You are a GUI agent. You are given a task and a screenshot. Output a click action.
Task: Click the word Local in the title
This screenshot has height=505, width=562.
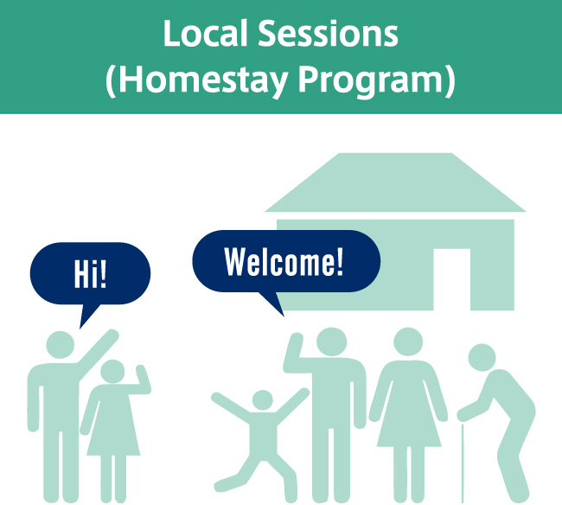[x=206, y=33]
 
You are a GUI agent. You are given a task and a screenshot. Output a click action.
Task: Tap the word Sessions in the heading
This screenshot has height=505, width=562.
[x=329, y=33]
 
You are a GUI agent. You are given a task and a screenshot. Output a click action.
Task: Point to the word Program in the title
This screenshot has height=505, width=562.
[x=371, y=80]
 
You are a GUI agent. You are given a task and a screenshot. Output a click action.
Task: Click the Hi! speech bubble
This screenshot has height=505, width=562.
[x=90, y=274]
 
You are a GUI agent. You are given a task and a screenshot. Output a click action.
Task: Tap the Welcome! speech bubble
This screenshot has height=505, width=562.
[x=286, y=261]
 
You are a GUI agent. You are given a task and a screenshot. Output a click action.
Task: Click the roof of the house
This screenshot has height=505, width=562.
[x=395, y=182]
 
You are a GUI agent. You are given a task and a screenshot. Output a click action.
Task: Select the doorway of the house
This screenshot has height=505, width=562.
[x=451, y=279]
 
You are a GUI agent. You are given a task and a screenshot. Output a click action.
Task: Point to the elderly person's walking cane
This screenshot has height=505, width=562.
[x=463, y=463]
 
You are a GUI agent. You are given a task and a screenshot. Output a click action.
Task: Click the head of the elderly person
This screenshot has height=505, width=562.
[x=482, y=357]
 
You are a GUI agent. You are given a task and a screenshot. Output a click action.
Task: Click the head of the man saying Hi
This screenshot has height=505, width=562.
[x=61, y=345]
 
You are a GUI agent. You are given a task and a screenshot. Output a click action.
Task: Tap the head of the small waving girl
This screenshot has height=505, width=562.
[x=112, y=371]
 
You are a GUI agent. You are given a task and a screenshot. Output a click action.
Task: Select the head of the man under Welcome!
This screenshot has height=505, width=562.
[x=331, y=342]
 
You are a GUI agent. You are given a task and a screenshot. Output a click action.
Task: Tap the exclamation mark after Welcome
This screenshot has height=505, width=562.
[x=340, y=261]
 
